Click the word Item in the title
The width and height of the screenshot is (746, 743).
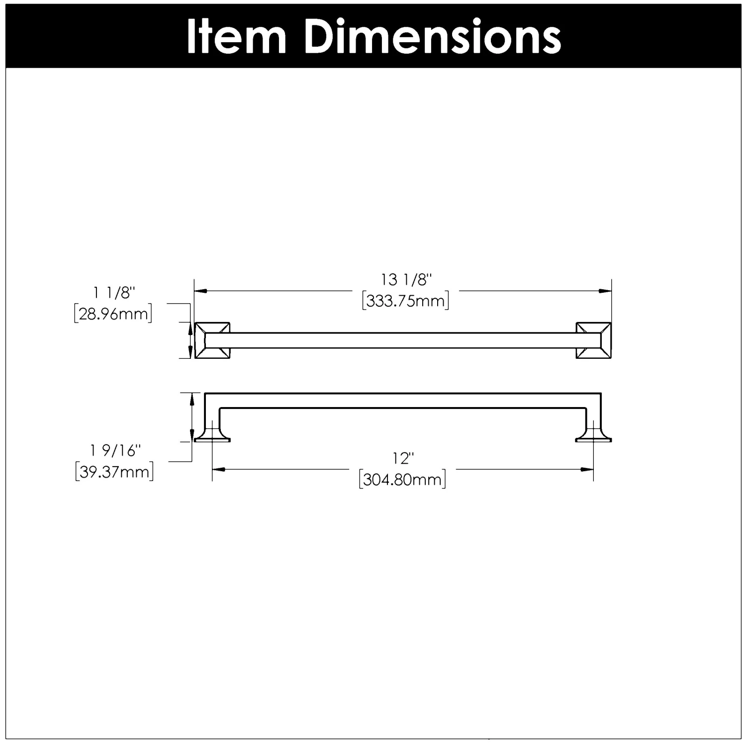click(236, 37)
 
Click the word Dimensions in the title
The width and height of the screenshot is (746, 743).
click(433, 37)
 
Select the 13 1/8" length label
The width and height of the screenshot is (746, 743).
click(405, 280)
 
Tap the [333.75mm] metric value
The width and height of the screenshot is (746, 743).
click(405, 301)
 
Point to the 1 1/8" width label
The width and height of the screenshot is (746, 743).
click(114, 293)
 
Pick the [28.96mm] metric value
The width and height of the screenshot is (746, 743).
click(113, 314)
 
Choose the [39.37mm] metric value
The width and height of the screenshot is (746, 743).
click(114, 472)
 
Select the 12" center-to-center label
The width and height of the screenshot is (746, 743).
click(402, 458)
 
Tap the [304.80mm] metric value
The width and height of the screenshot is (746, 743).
click(402, 480)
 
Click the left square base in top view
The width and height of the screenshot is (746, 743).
click(212, 340)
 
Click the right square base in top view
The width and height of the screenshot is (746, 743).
click(593, 340)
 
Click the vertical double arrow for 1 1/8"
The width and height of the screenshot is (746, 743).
click(189, 340)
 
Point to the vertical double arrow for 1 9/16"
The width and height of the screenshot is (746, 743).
click(191, 416)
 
